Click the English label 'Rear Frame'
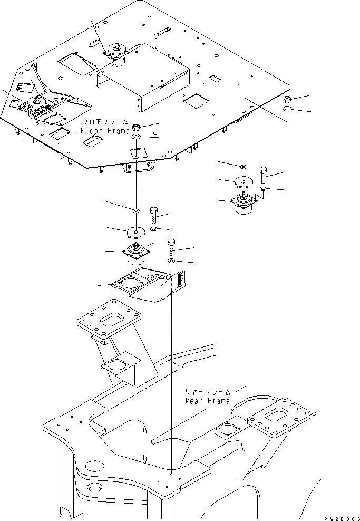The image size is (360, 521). (x=207, y=401)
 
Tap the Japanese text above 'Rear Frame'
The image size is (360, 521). (x=207, y=392)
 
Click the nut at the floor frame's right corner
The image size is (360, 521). (x=288, y=100)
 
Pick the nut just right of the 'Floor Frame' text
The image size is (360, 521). (x=135, y=127)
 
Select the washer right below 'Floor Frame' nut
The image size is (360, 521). (x=135, y=137)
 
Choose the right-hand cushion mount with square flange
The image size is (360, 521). (x=244, y=204)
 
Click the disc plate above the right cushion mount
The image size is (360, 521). (x=244, y=181)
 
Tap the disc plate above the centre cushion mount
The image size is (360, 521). (x=135, y=231)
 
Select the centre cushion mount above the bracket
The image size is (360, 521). (x=135, y=254)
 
